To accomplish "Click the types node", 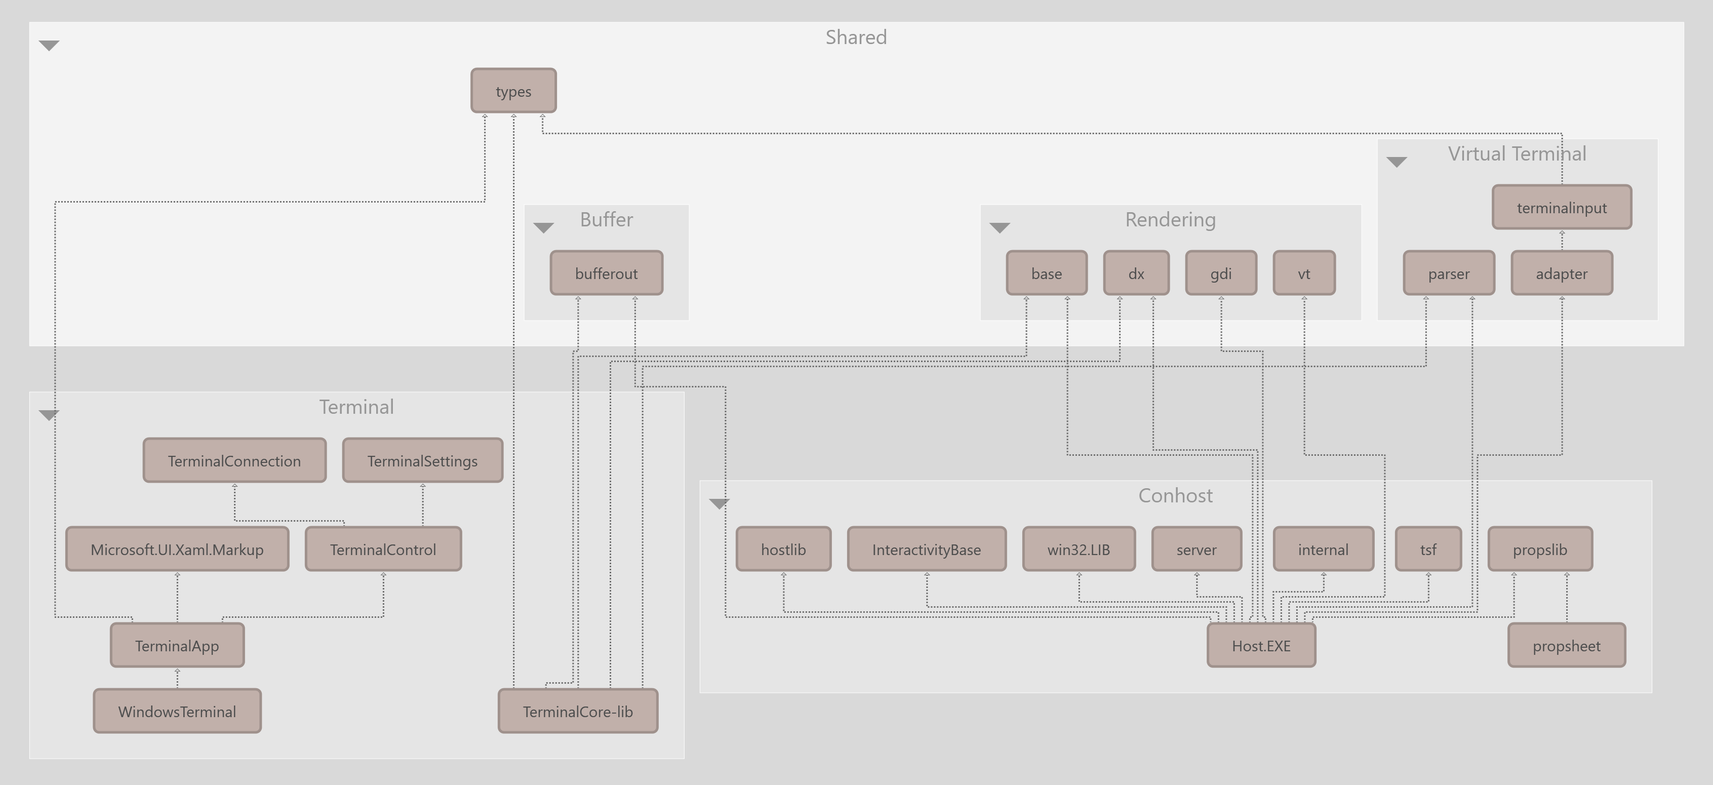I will [513, 91].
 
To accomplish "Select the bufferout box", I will [606, 273].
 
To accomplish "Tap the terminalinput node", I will [1562, 208].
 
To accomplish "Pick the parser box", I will [1448, 273].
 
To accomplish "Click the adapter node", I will [1562, 273].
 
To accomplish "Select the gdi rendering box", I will [1221, 273].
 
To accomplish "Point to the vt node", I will [1303, 273].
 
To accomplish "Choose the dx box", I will [1136, 273].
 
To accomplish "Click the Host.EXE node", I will [1261, 645].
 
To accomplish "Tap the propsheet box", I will [1566, 645].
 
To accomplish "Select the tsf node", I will [1428, 549].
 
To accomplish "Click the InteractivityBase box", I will [926, 549].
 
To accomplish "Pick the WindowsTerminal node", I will [177, 711].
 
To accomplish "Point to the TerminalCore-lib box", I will [578, 711].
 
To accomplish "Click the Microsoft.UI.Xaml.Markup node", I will [177, 549].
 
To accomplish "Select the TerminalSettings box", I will [422, 460].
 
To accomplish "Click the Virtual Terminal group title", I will [1517, 153].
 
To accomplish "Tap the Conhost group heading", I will [1175, 496].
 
